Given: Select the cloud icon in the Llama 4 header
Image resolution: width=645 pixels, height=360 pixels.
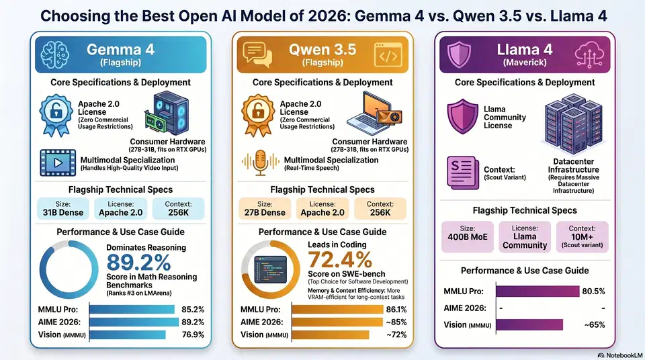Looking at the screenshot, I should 590,52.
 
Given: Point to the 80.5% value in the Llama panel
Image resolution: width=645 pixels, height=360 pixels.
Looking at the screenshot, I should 597,291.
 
